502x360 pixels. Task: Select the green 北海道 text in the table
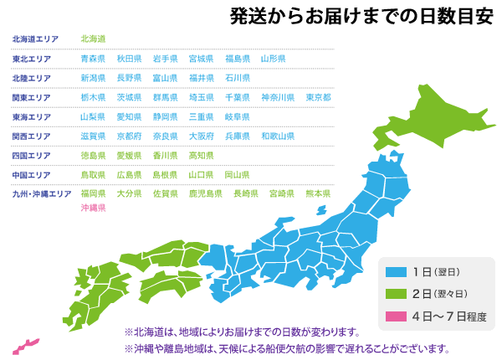click(93, 39)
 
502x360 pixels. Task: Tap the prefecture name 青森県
click(93, 59)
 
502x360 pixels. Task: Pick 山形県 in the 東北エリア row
click(273, 59)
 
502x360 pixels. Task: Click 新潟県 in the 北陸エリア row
click(93, 78)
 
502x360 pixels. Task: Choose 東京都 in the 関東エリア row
click(318, 97)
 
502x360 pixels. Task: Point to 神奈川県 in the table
click(277, 97)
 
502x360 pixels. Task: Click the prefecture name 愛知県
click(129, 116)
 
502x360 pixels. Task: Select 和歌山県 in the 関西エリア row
click(277, 136)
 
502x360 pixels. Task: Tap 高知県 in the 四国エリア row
click(201, 155)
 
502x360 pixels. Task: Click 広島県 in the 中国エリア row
click(129, 175)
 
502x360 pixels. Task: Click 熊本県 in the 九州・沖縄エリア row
click(318, 193)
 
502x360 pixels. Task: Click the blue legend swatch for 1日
click(396, 272)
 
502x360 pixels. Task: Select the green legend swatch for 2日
click(396, 294)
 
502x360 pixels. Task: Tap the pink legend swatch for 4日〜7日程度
click(396, 316)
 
